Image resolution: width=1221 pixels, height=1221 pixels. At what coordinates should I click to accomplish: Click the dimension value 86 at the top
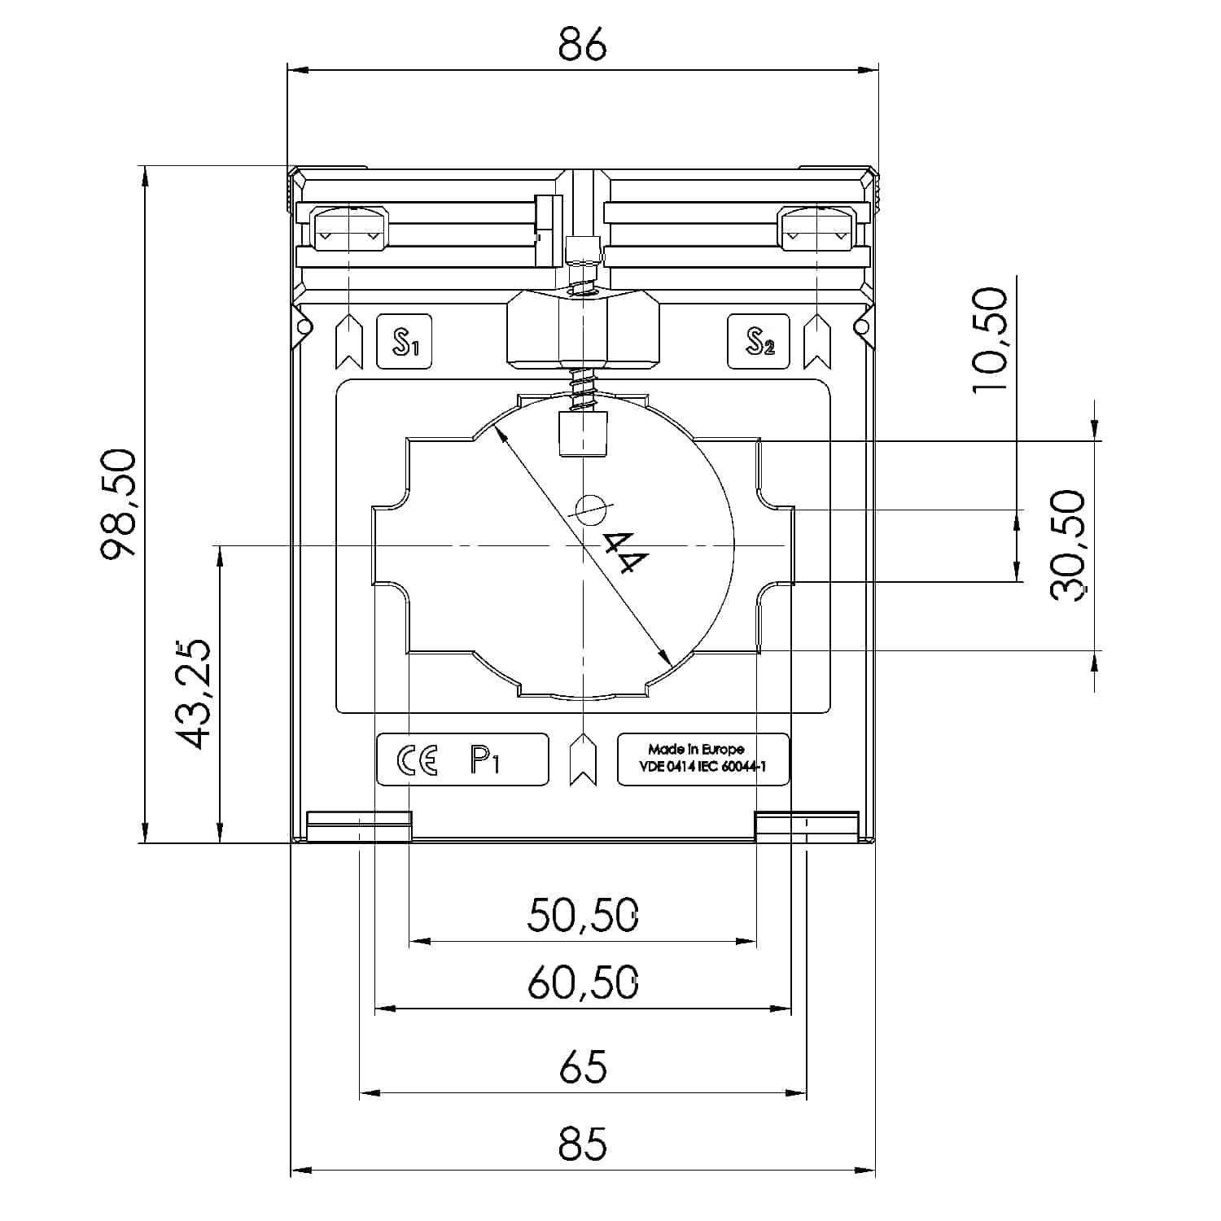tap(583, 46)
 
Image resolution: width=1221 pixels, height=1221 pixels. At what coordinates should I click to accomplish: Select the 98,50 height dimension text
tap(121, 503)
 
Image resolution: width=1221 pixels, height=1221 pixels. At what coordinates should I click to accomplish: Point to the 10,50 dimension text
tap(991, 340)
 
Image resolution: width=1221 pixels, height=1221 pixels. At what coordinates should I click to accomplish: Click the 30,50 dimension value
tap(1069, 545)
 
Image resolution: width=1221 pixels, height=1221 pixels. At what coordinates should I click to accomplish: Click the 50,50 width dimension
tap(583, 915)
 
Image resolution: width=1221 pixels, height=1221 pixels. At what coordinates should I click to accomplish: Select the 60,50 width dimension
tap(583, 982)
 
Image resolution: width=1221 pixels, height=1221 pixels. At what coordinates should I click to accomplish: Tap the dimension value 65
tap(583, 1067)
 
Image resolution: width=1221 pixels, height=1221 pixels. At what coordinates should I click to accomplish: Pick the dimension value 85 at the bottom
tap(583, 1144)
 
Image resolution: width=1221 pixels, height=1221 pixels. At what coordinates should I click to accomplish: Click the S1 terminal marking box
tap(405, 342)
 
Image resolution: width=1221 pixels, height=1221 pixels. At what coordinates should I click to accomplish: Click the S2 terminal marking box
tap(759, 342)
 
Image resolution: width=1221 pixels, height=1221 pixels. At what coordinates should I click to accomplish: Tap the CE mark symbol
tap(417, 759)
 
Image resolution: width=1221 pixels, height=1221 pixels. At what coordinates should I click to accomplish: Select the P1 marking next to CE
tap(485, 760)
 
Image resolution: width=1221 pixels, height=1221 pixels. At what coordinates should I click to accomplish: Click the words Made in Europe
tap(696, 749)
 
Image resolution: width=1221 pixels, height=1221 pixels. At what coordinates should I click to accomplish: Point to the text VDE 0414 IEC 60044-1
tap(703, 767)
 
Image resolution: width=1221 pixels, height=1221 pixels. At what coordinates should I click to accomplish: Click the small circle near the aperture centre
tap(591, 510)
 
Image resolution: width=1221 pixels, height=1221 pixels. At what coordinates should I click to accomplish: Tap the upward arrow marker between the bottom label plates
tap(583, 759)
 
